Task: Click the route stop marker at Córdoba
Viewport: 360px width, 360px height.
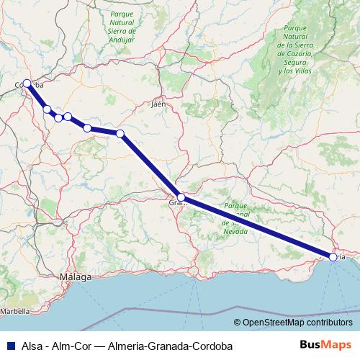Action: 27,83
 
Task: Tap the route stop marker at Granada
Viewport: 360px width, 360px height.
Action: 181,197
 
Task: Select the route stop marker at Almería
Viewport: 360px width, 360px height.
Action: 333,256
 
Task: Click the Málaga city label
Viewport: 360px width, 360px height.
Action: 75,277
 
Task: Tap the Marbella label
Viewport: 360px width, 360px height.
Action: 14,312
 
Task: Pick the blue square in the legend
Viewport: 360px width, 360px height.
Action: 8,346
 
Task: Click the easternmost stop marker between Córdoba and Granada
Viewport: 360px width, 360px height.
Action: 120,133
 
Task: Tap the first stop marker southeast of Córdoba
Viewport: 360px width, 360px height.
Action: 47,109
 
